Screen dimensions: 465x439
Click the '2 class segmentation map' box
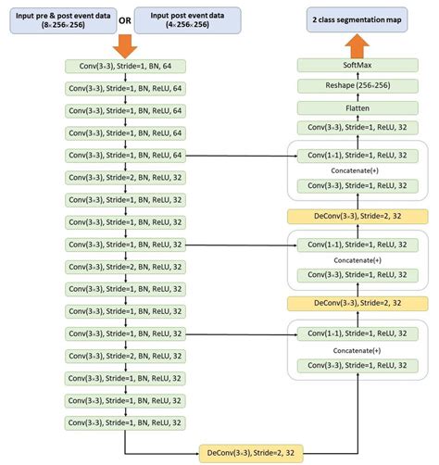point(357,19)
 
